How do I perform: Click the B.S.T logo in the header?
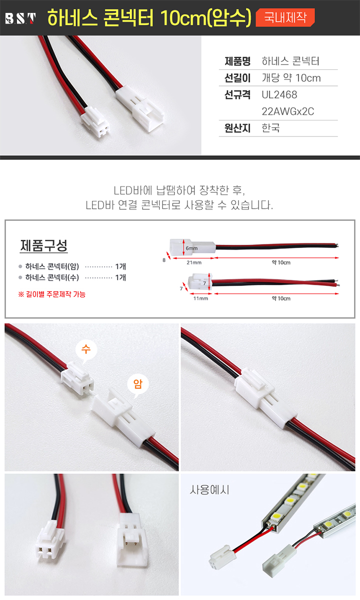tap(20, 18)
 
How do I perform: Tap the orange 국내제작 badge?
tap(285, 17)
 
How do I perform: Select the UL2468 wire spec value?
tap(279, 94)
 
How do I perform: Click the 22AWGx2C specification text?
tap(288, 111)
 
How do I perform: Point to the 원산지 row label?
tap(237, 128)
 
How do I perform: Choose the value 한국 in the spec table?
tap(270, 128)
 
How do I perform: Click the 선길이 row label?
tap(237, 78)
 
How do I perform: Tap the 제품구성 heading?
tap(43, 245)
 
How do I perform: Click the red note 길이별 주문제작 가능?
tap(51, 294)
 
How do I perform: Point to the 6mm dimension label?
tap(191, 248)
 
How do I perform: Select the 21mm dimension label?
tap(194, 262)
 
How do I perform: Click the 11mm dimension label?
tap(200, 298)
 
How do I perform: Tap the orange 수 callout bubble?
tap(86, 350)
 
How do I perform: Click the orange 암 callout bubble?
tap(137, 385)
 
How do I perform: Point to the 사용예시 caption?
tap(209, 490)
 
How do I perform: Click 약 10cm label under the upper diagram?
tap(281, 262)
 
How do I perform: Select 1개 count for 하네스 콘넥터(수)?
tap(120, 277)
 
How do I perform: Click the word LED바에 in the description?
tap(133, 190)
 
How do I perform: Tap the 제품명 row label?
tap(237, 61)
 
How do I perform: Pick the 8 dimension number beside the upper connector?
tap(164, 260)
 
